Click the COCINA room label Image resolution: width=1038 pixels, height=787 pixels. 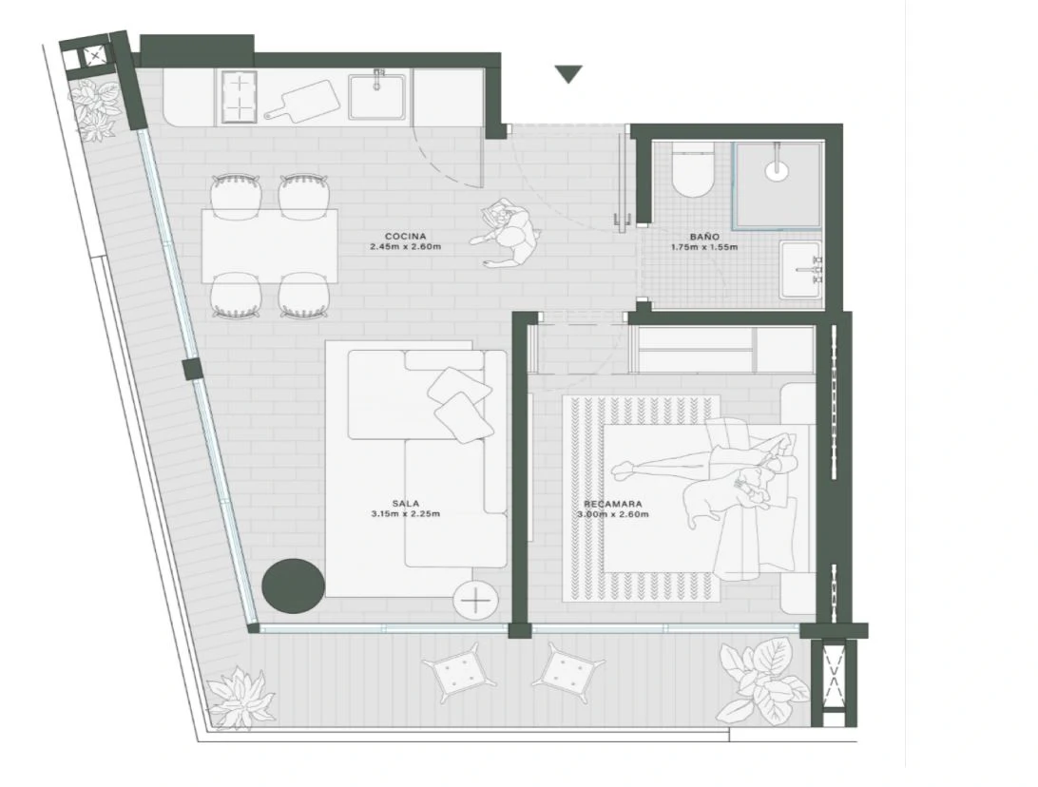(405, 237)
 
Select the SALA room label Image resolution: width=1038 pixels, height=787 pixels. (405, 504)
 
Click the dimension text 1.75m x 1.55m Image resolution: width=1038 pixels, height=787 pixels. (703, 247)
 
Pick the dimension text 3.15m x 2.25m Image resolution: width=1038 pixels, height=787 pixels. (406, 513)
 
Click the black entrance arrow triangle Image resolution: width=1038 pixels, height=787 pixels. (568, 74)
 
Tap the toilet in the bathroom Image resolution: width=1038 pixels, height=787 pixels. (693, 169)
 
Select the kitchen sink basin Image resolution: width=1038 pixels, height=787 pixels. (377, 97)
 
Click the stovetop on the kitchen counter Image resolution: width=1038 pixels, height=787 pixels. (239, 97)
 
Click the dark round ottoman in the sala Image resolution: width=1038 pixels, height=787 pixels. (294, 585)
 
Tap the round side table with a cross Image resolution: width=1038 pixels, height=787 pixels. (474, 601)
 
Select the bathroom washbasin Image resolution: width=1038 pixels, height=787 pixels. (801, 269)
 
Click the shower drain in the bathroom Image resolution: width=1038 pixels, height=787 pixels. (777, 170)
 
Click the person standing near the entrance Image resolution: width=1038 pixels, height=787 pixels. (507, 232)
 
